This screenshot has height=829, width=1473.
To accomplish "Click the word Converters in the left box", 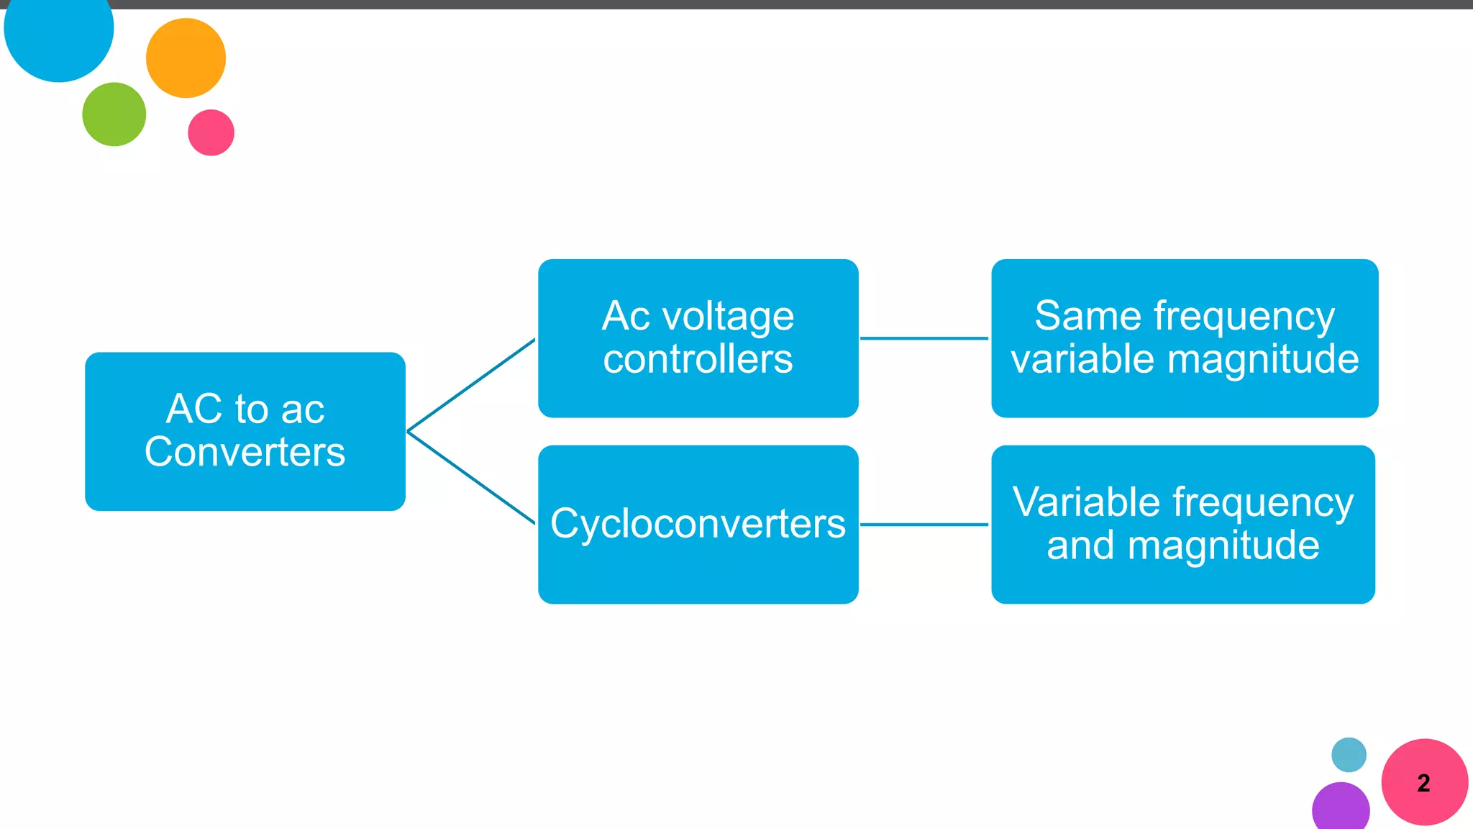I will (x=245, y=453).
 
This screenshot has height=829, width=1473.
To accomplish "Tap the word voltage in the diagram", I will (x=728, y=317).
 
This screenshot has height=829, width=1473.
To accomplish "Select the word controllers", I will (x=698, y=359).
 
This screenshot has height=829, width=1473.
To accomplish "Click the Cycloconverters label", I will (x=698, y=524).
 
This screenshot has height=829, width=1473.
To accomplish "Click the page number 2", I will (x=1423, y=783).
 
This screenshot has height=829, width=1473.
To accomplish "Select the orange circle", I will (x=186, y=58).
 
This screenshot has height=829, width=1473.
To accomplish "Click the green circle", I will (x=114, y=114).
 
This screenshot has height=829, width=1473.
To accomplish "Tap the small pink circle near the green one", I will (x=211, y=132).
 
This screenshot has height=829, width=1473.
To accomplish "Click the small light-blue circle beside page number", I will (x=1349, y=755).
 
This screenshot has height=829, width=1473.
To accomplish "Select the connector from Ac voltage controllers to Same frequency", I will (x=924, y=338).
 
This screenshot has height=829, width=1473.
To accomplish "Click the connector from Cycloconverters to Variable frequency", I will (x=924, y=525).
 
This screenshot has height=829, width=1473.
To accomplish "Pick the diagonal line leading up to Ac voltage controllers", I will (x=471, y=385).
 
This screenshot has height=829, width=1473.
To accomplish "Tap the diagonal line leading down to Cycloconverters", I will (x=471, y=478).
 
